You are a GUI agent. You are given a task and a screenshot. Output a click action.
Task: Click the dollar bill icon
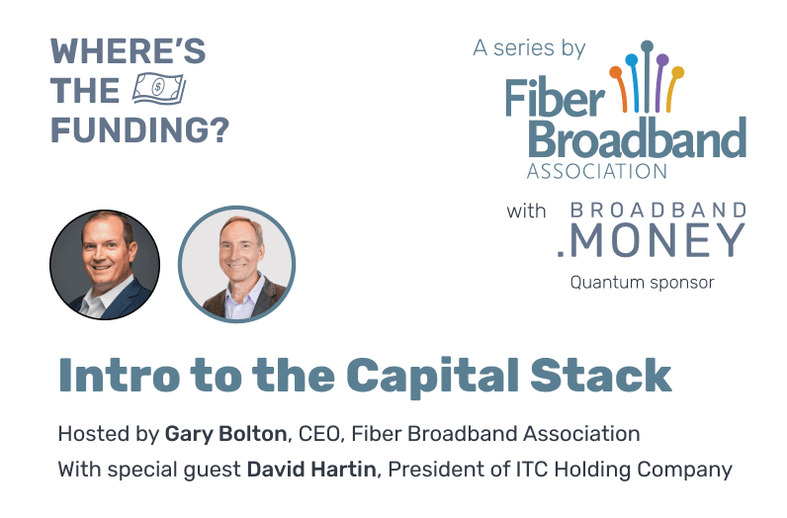158,91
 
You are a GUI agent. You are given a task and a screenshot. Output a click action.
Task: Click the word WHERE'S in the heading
128,50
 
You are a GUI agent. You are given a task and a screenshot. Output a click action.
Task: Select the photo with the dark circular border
105,264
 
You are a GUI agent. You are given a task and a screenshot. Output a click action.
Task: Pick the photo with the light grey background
236,264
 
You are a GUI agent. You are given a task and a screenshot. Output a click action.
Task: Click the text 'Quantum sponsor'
642,283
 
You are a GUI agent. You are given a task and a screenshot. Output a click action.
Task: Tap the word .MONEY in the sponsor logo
657,240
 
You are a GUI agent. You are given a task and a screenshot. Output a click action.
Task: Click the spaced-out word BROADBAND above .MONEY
658,210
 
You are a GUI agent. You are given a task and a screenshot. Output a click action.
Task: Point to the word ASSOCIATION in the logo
596,170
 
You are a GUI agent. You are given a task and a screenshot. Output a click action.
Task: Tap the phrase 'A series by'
529,47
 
